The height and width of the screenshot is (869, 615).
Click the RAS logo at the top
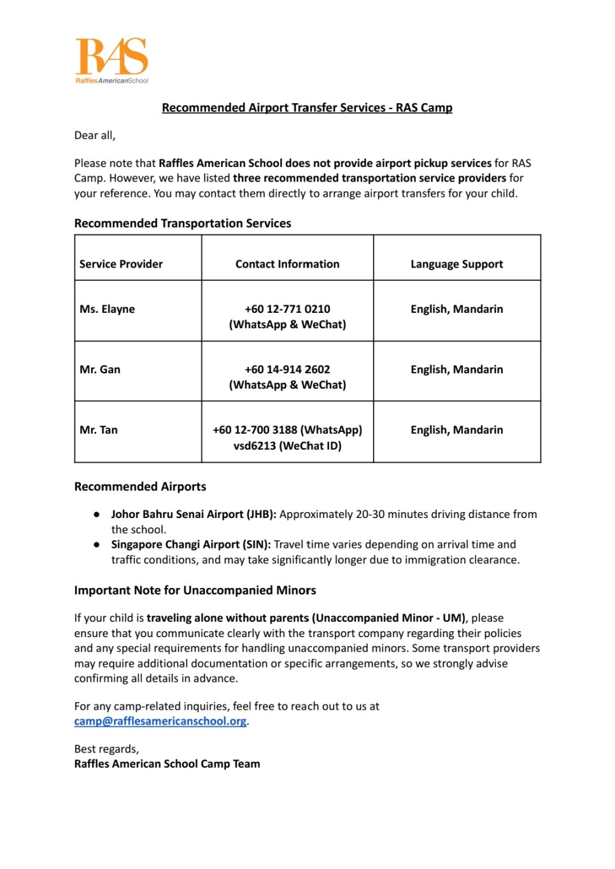[112, 60]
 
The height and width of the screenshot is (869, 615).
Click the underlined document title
[307, 108]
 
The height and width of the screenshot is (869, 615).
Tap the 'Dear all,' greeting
[95, 136]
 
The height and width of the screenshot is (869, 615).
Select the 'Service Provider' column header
[121, 264]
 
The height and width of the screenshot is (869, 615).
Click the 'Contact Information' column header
[287, 264]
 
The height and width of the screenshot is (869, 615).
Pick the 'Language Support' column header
[456, 264]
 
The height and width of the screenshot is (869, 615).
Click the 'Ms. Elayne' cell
[107, 309]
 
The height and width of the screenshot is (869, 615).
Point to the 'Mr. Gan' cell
[100, 370]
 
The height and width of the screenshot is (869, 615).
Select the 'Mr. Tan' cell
[99, 430]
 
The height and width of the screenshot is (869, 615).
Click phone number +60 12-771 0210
[287, 309]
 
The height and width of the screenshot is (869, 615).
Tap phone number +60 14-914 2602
[287, 370]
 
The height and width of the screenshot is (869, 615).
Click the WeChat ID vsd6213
[254, 446]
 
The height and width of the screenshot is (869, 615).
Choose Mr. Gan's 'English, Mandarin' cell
[456, 370]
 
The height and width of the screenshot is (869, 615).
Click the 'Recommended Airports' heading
[140, 487]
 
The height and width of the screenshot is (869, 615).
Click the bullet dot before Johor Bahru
[97, 514]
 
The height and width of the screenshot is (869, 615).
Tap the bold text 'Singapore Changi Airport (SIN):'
[191, 545]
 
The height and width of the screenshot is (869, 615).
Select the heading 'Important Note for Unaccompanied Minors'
[195, 591]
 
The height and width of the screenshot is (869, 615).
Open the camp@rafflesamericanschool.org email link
[160, 721]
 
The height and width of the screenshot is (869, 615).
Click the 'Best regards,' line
[106, 749]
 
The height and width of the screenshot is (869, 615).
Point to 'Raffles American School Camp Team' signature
[167, 764]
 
